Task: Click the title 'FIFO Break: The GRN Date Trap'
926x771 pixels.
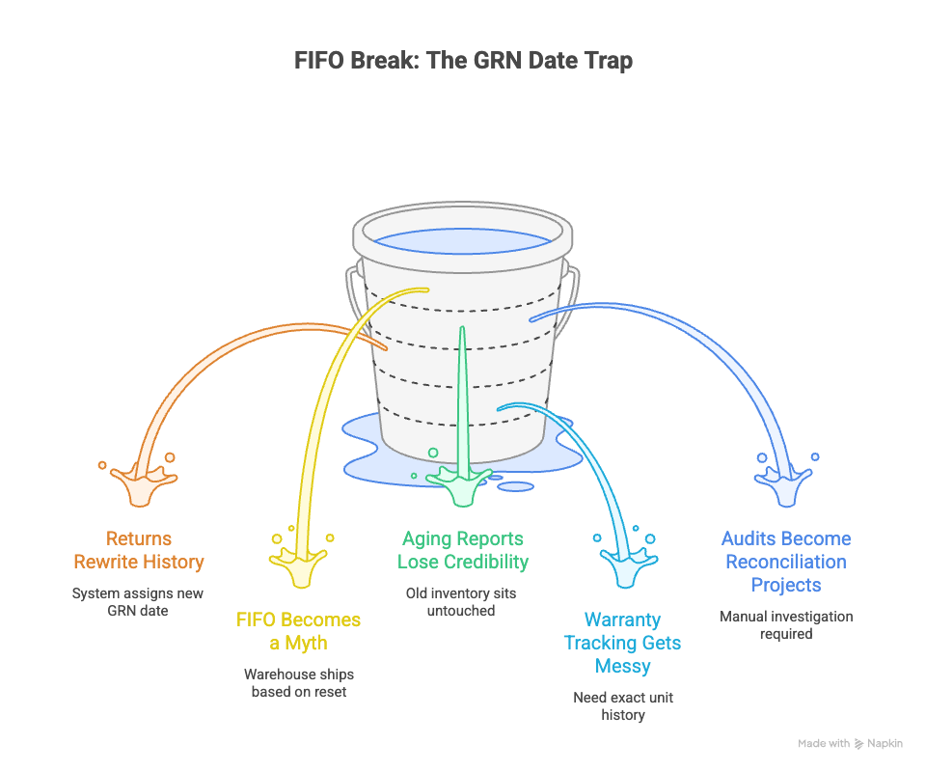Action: (463, 62)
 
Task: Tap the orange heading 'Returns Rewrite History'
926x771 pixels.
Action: (139, 550)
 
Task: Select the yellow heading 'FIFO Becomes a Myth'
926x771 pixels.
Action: (299, 631)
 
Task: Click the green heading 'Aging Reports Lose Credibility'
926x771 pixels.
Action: (463, 550)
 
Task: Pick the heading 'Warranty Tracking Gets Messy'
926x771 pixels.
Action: (622, 643)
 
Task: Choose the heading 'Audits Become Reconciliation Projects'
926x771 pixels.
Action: (786, 562)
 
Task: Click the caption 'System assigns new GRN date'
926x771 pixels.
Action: (138, 602)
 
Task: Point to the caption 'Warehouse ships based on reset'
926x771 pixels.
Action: (298, 683)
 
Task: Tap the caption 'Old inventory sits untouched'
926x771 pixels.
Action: (463, 602)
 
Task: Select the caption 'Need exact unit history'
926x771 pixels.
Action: (622, 706)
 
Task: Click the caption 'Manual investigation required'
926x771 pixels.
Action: (786, 625)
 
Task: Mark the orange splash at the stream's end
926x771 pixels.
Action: (141, 482)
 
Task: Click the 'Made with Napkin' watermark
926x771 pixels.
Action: (850, 744)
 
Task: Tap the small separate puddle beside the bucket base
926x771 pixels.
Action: (514, 486)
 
